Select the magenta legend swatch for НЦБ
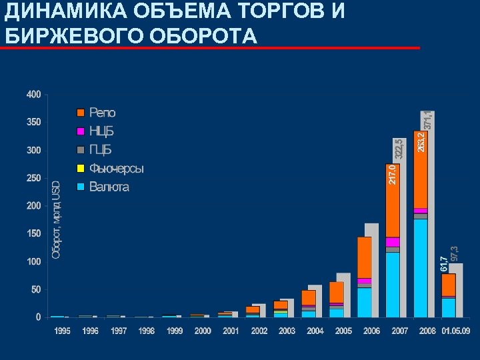81,131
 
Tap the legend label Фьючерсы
117,169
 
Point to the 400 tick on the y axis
33,95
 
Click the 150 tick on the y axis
33,234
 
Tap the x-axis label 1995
63,331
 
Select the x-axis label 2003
287,331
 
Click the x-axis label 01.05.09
456,331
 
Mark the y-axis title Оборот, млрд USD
56,220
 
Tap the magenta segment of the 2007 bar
392,242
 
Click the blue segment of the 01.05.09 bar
448,307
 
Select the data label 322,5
399,149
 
